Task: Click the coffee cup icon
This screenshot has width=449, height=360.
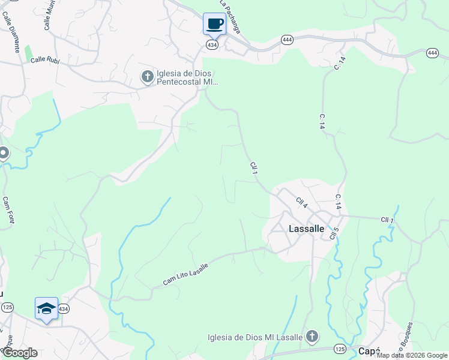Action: coord(214,24)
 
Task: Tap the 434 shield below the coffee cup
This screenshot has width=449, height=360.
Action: coord(212,45)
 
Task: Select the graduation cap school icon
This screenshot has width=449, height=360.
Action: coord(46,308)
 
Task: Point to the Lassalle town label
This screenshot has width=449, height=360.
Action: coord(306,229)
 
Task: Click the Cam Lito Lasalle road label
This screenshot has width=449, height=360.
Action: coord(186,274)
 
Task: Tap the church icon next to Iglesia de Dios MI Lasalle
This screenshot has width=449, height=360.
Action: coord(312,337)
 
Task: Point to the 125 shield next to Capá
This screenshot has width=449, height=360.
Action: coord(340,349)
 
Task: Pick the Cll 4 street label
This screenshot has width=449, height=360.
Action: coord(301,202)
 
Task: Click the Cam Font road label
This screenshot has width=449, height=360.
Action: coord(8,210)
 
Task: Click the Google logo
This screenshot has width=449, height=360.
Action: coord(19,353)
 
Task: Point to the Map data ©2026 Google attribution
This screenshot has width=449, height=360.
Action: coord(412,355)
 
